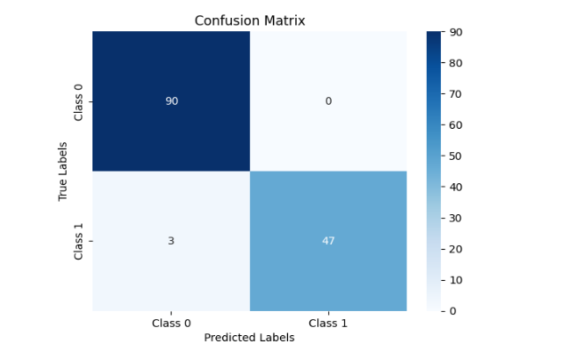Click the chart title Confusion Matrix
(249, 20)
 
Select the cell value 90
(171, 101)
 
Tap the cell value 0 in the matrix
(328, 101)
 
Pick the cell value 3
(171, 241)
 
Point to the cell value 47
(328, 241)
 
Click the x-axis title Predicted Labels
(249, 338)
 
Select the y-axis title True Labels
(63, 171)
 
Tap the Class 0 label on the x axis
(171, 323)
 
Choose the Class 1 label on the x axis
(328, 323)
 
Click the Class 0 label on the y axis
(78, 101)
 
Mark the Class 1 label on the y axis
(78, 241)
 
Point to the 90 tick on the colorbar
(456, 32)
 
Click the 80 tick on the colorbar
(456, 63)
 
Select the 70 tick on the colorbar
(456, 94)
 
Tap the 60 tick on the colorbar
(456, 125)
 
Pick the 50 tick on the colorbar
(456, 156)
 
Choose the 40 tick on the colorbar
(456, 187)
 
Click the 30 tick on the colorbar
(456, 218)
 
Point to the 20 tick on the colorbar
(456, 249)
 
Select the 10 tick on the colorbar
(456, 280)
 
